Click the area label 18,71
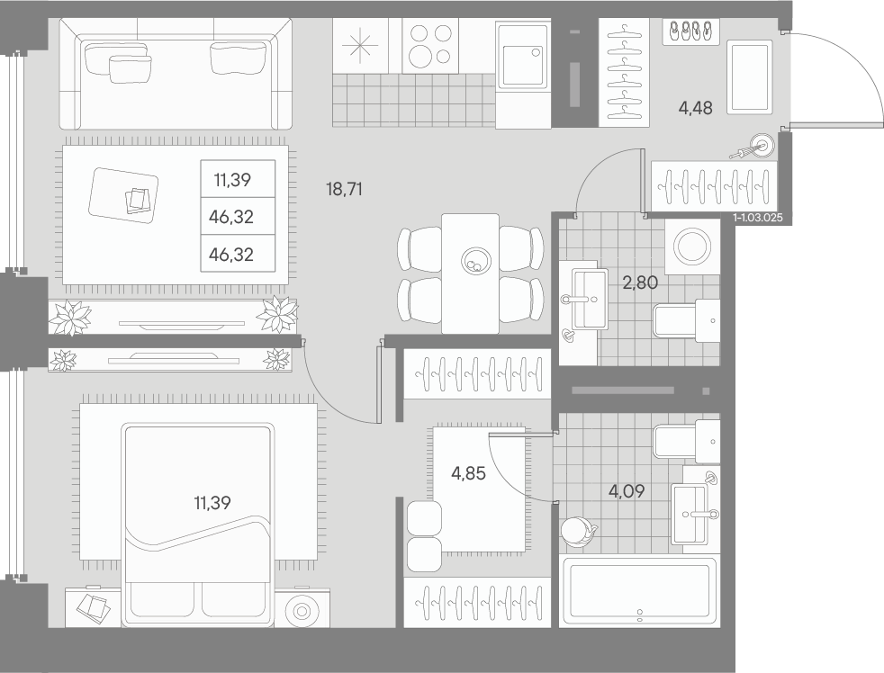pos(344,189)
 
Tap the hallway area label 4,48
pos(695,108)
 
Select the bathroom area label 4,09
pos(627,491)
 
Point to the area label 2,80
pos(640,282)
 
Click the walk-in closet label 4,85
pos(468,473)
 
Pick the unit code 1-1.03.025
pos(758,218)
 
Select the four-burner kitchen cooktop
pos(430,45)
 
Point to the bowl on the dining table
pos(476,261)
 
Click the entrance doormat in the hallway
pos(749,76)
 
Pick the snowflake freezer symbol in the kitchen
pos(360,46)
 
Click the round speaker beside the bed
pos(302,611)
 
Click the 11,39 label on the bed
pos(212,502)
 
